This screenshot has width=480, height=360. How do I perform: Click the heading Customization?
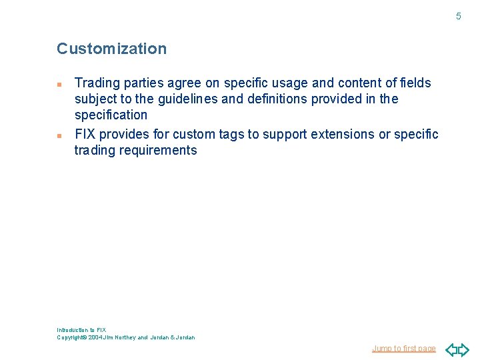111,49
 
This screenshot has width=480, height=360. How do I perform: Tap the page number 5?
458,16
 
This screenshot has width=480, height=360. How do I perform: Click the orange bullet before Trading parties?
60,85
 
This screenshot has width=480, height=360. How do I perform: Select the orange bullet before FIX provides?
60,135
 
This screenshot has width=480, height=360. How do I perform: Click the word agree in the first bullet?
181,83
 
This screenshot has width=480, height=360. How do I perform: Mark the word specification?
111,115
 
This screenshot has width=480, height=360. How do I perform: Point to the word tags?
231,134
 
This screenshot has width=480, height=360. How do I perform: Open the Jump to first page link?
403,349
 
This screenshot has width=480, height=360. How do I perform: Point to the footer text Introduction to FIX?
81,330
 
